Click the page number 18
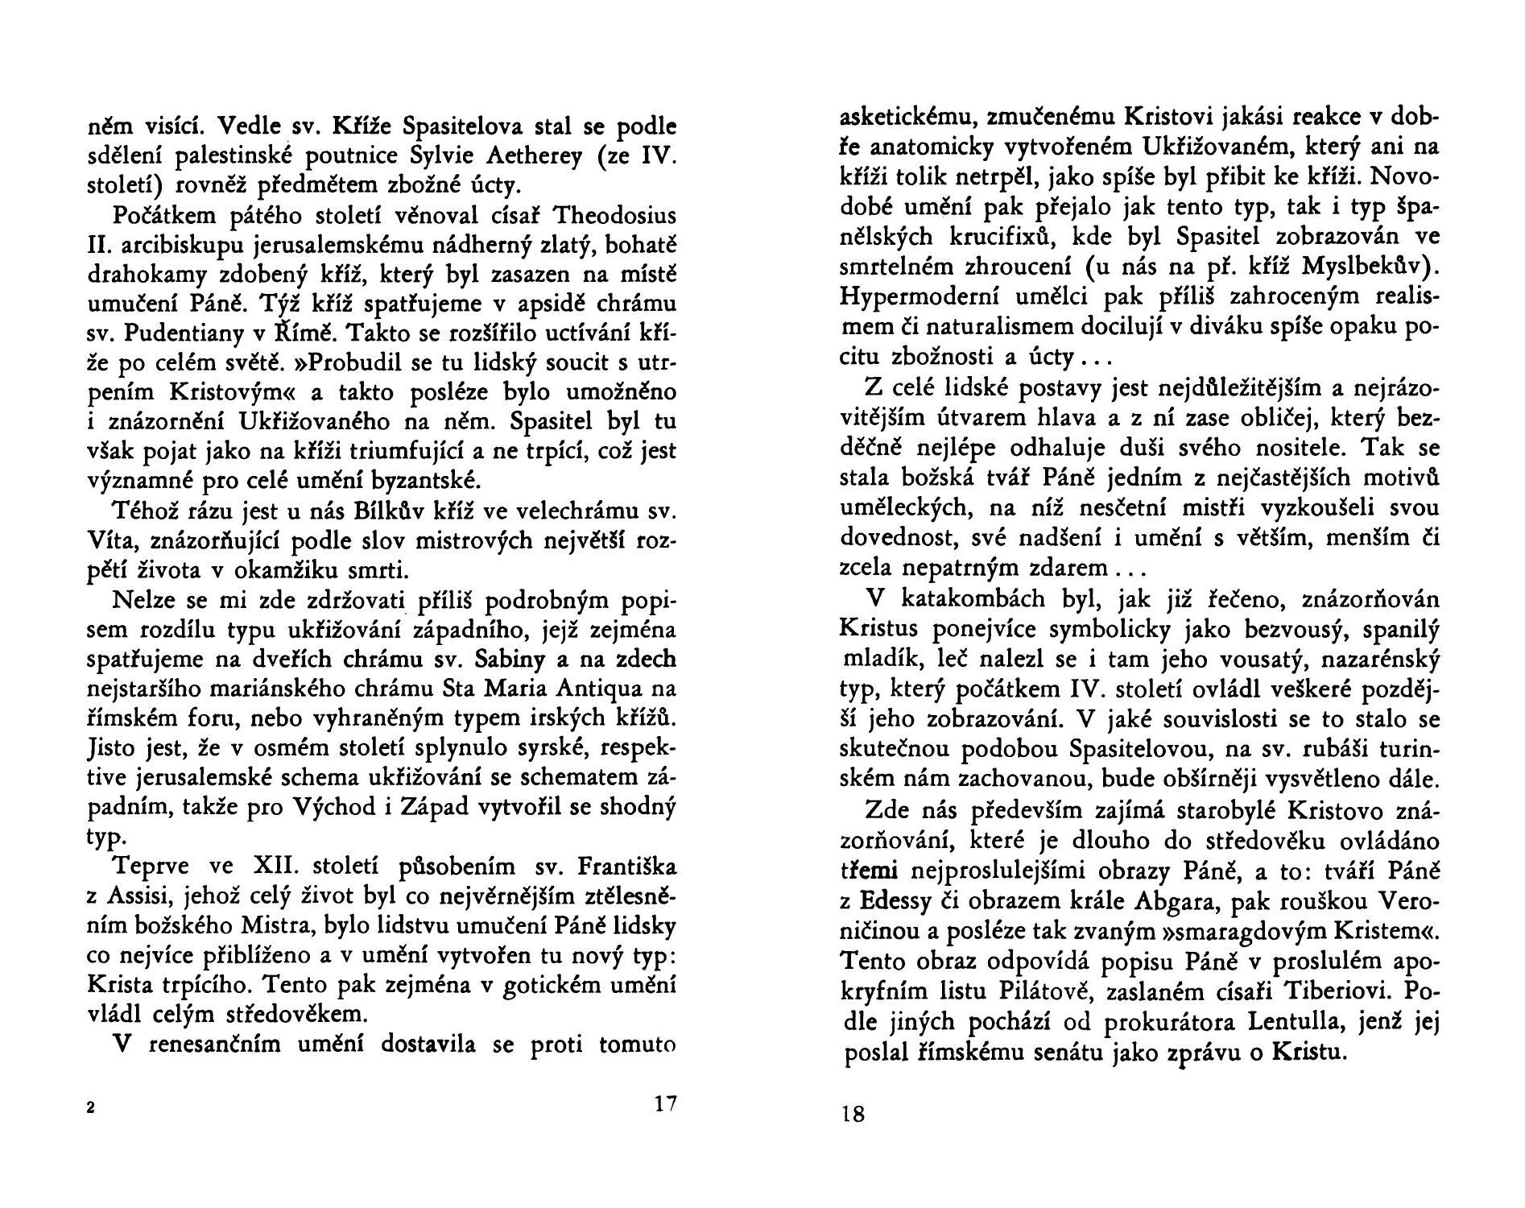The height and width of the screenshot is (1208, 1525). pos(853,1115)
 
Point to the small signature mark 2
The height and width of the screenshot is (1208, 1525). pos(91,1108)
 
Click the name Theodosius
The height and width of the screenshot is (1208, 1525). pos(616,217)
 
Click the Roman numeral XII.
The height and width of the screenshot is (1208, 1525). pos(276,867)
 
